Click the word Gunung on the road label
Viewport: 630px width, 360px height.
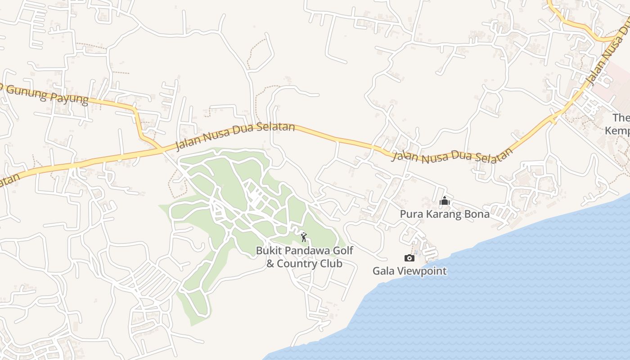29,90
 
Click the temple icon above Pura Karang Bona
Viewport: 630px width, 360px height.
445,201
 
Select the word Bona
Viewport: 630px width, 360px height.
478,214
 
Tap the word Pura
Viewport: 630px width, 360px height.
411,214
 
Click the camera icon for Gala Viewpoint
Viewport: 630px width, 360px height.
409,258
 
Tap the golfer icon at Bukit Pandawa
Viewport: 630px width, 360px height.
304,237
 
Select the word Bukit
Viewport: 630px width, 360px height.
268,251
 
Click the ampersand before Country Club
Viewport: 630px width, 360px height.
270,264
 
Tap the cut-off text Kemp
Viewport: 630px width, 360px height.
617,130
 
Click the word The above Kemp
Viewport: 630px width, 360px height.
621,118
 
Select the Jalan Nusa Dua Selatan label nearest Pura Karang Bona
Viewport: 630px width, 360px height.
452,156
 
